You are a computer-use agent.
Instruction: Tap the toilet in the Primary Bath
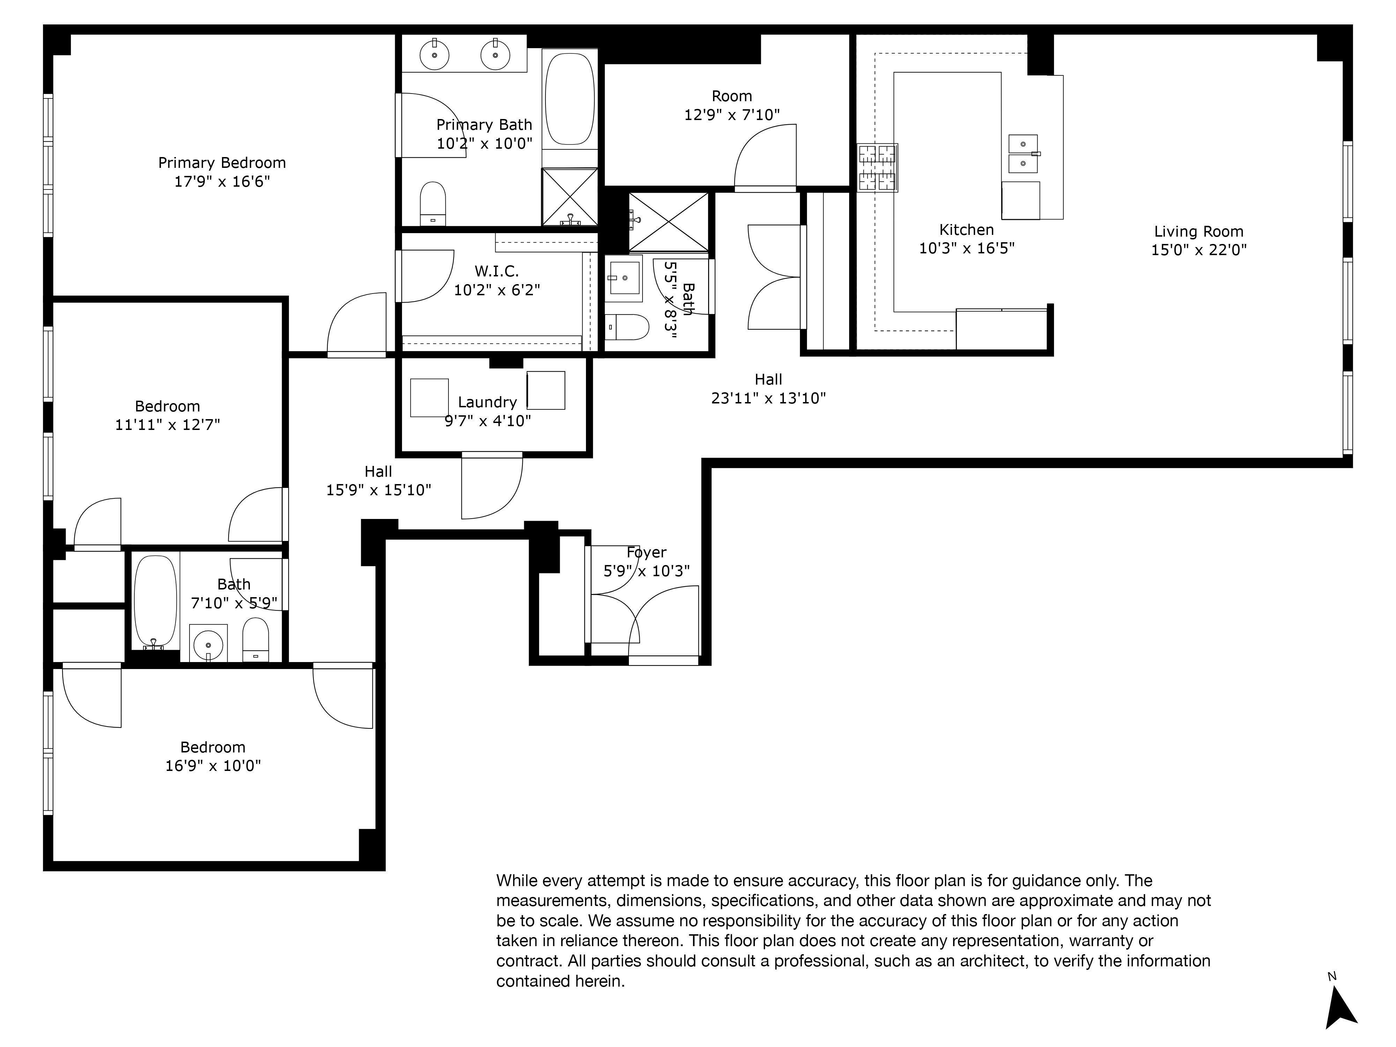pos(433,203)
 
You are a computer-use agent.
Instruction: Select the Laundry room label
pos(487,402)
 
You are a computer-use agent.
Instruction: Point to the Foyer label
pos(646,552)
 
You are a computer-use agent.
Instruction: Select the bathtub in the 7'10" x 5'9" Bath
pos(155,600)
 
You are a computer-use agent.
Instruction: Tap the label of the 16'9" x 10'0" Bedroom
pos(213,747)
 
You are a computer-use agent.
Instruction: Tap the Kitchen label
pos(966,230)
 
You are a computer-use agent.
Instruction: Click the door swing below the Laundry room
pos(492,486)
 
